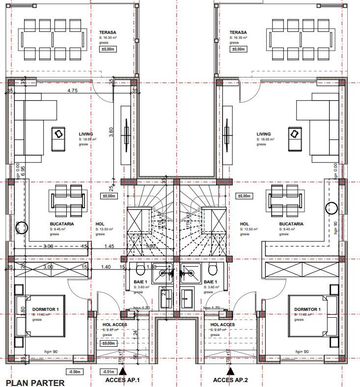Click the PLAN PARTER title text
click(x=35, y=382)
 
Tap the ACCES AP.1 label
click(x=122, y=380)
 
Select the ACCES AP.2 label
click(x=230, y=380)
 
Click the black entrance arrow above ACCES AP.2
click(x=229, y=371)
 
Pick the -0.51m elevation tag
click(x=108, y=372)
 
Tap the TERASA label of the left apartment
click(x=108, y=32)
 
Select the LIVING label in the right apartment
click(x=264, y=134)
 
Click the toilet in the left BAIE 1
click(x=140, y=269)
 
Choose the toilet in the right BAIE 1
click(x=213, y=269)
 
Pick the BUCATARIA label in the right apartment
click(x=291, y=223)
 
